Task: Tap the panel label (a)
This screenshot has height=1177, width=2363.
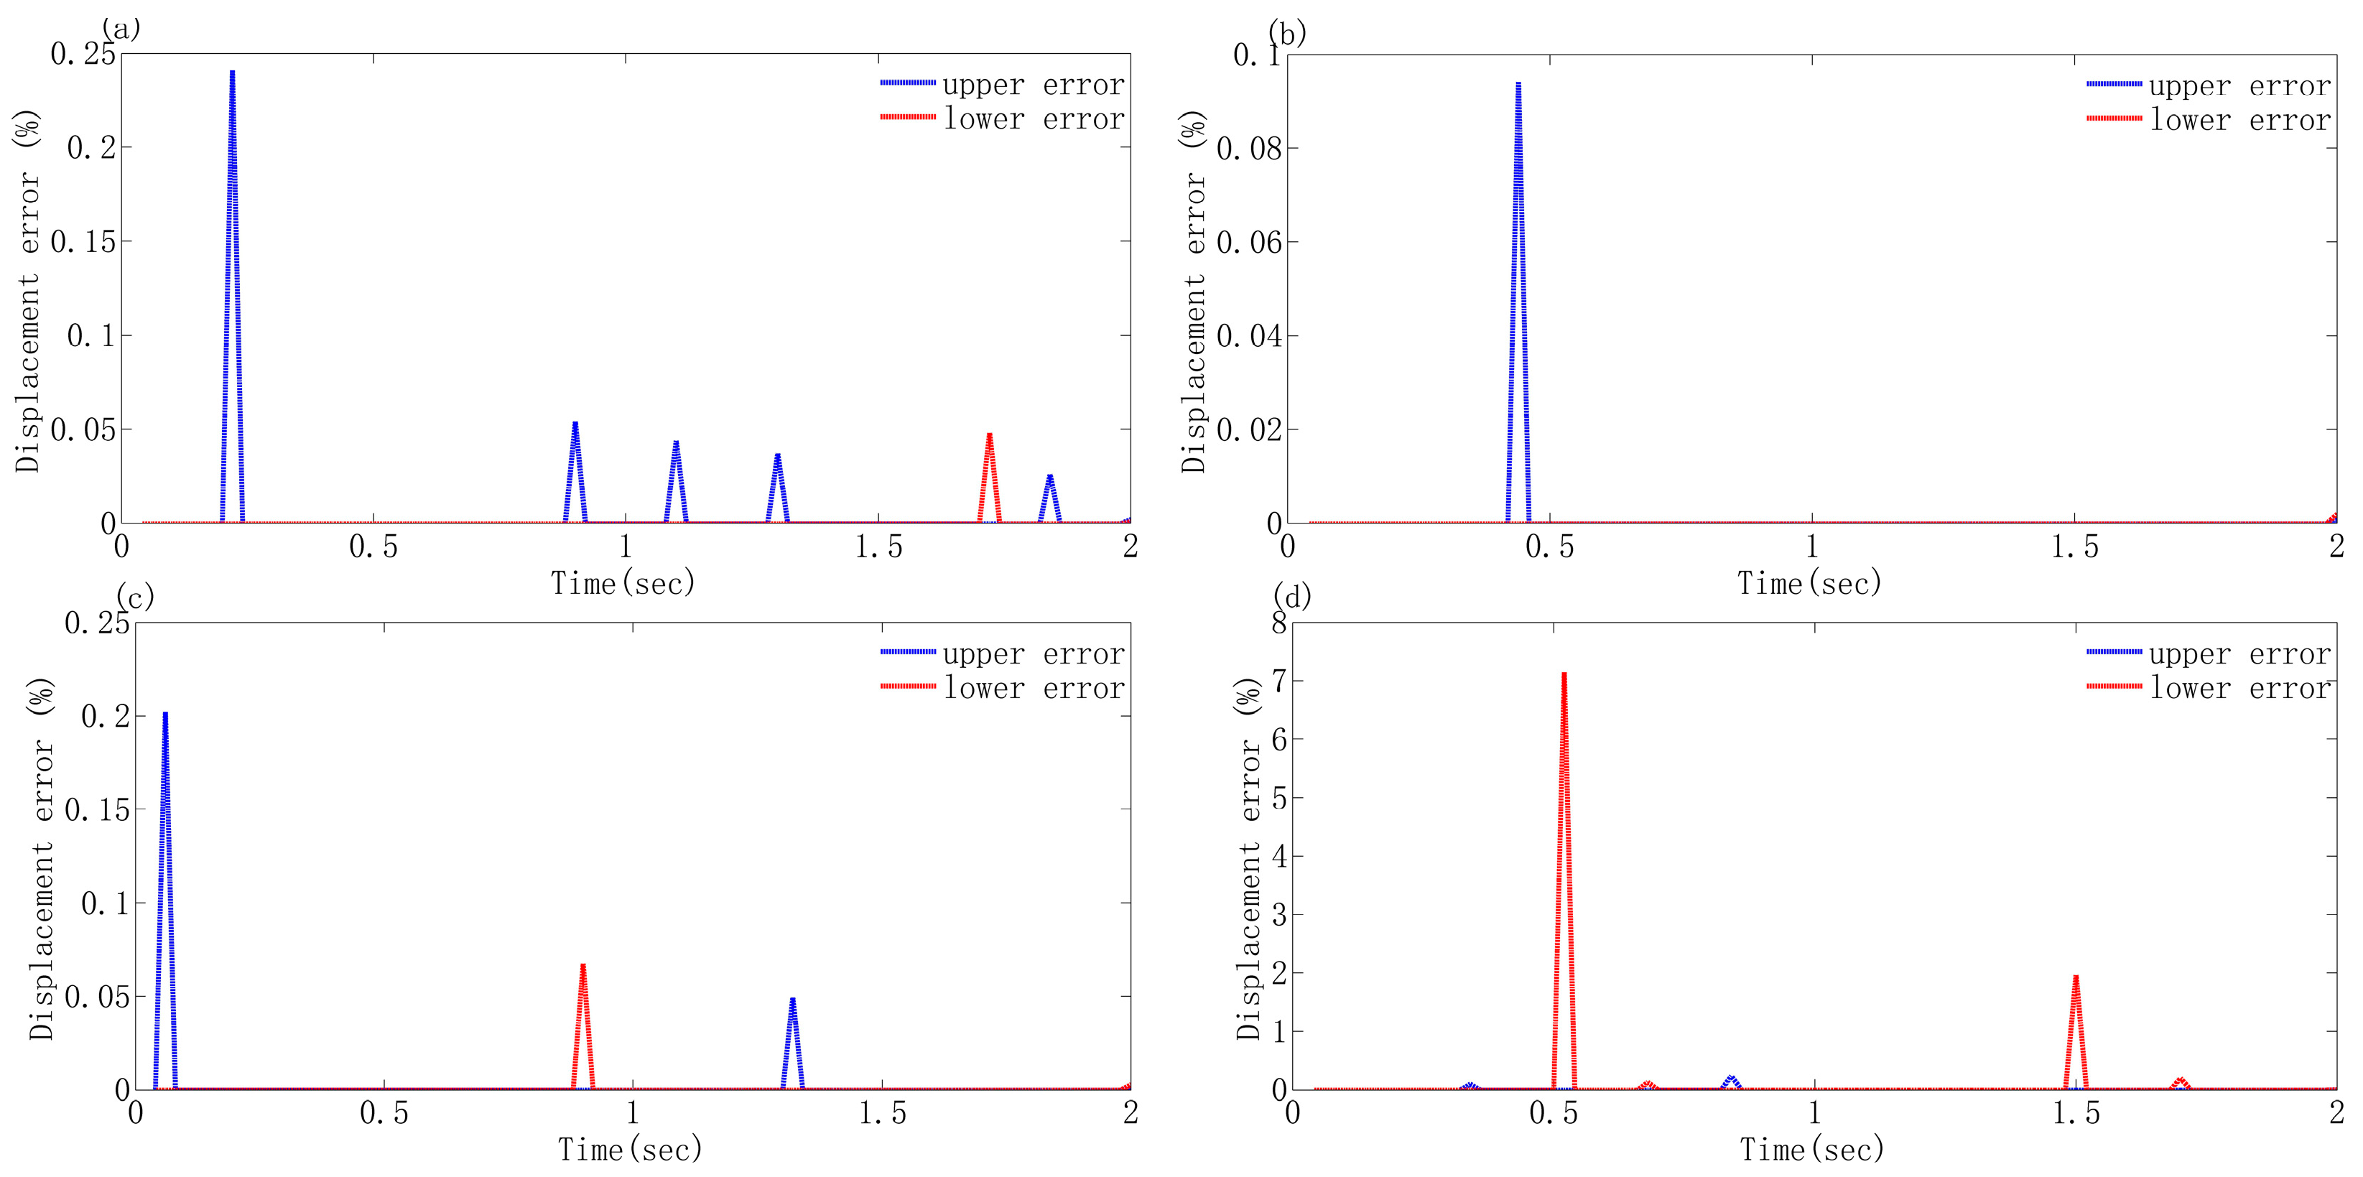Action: tap(121, 29)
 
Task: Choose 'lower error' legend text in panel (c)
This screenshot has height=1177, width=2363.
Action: tap(1034, 688)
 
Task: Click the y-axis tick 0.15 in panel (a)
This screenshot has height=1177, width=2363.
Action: tap(83, 242)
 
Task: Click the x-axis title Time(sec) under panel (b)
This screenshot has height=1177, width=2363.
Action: tap(1809, 582)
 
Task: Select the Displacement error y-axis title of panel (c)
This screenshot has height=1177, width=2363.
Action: tap(41, 857)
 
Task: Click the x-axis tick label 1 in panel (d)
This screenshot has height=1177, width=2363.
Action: tap(1814, 1113)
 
